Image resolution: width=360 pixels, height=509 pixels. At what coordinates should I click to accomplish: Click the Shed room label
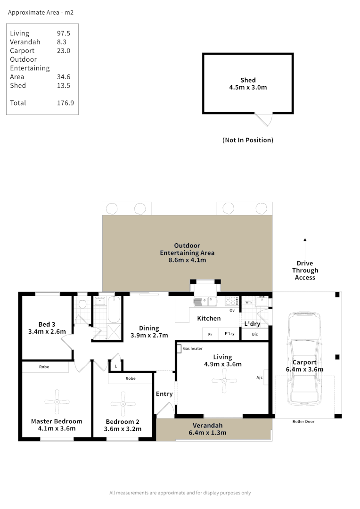[x=248, y=81]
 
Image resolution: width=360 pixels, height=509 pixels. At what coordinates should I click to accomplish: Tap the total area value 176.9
[x=65, y=103]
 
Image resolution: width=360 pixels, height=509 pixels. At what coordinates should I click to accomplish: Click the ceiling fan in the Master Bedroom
[x=57, y=402]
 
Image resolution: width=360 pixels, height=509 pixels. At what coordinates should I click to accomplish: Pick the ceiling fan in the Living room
[x=224, y=381]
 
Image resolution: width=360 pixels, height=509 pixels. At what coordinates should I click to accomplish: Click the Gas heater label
[x=193, y=349]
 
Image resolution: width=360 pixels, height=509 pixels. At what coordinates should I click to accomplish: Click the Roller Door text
[x=303, y=421]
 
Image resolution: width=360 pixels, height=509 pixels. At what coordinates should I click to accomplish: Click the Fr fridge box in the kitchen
[x=210, y=334]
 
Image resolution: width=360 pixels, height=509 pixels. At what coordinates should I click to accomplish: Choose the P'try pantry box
[x=229, y=334]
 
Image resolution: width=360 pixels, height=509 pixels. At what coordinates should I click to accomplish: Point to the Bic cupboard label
[x=255, y=334]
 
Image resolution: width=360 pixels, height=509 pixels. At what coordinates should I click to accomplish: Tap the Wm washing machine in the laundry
[x=248, y=302]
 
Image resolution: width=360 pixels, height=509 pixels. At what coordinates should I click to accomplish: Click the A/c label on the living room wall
[x=259, y=378]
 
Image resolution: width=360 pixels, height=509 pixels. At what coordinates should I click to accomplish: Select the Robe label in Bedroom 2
[x=131, y=378]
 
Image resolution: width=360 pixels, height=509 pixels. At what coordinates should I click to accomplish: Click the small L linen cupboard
[x=115, y=365]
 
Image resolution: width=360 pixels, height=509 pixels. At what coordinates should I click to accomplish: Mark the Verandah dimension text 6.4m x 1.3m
[x=207, y=433]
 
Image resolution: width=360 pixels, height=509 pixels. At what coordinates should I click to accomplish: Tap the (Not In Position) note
[x=247, y=140]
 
